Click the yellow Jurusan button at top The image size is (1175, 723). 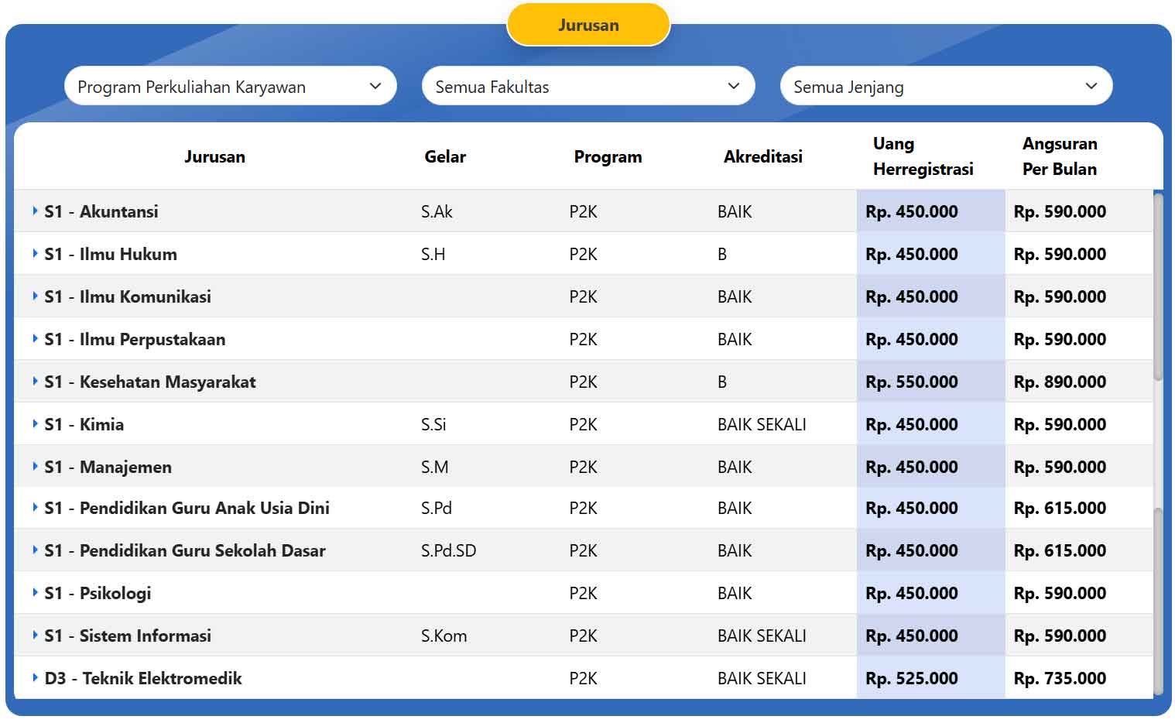point(588,25)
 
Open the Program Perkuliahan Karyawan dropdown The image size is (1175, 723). point(231,86)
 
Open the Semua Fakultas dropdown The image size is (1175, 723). point(588,86)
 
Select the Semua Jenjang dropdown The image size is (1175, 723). point(946,86)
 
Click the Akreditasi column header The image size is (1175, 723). point(762,156)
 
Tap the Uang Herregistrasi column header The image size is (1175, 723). point(923,156)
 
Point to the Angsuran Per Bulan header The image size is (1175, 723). point(1060,156)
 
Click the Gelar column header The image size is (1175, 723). point(445,156)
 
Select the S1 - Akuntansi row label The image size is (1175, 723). point(101,211)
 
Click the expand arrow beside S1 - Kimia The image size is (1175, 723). point(35,423)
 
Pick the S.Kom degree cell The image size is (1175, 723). point(444,636)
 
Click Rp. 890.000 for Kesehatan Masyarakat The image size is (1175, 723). point(1060,382)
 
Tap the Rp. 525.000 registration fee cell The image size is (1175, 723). point(912,678)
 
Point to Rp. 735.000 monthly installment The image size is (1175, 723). point(1060,678)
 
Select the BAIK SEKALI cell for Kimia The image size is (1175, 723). point(762,424)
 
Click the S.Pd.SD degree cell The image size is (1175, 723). point(448,551)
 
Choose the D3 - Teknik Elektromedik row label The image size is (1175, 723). point(143,678)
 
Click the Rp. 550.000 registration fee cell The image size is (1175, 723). point(912,382)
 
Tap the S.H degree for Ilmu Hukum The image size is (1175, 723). point(433,255)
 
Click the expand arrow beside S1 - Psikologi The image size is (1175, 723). point(35,592)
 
